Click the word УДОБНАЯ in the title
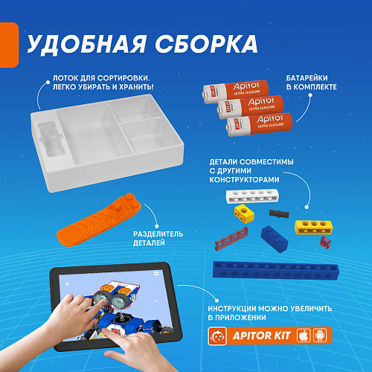(x=86, y=44)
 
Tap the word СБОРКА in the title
(x=206, y=43)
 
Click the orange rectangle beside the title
(x=9, y=45)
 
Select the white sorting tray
(x=107, y=143)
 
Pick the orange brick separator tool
(x=98, y=220)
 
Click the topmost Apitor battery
(x=236, y=91)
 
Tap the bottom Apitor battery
(x=259, y=125)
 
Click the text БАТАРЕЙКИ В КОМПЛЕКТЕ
(x=312, y=83)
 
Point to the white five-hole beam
(x=252, y=196)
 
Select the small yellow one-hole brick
(x=244, y=214)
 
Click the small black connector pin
(x=279, y=214)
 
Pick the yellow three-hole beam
(x=314, y=227)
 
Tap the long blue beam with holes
(x=276, y=271)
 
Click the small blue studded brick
(x=275, y=239)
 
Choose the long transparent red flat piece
(x=231, y=238)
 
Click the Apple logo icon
(x=304, y=336)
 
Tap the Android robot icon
(x=320, y=336)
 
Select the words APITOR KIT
(x=261, y=336)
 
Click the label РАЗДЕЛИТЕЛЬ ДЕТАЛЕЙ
(x=158, y=238)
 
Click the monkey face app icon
(x=217, y=336)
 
